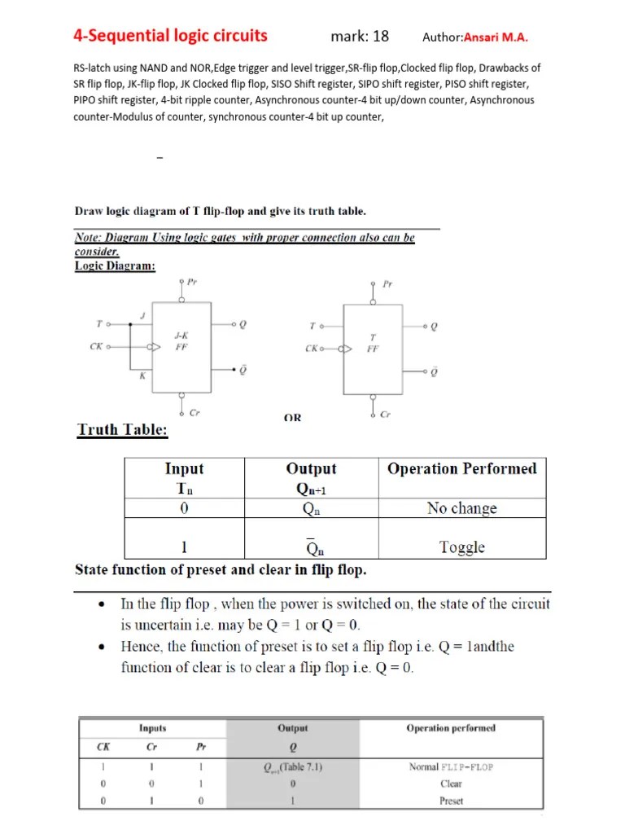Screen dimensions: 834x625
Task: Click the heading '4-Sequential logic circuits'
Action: point(170,35)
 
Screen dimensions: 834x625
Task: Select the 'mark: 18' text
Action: point(360,36)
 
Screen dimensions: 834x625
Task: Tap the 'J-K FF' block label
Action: point(181,340)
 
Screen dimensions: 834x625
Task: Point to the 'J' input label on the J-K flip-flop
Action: point(143,315)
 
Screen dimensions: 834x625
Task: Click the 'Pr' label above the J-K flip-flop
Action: point(192,282)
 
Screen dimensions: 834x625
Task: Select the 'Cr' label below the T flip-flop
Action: point(386,415)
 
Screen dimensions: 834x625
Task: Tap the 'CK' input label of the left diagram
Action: point(96,346)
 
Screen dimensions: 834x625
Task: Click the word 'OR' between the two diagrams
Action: point(292,418)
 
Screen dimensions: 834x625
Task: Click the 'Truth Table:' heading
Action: point(122,430)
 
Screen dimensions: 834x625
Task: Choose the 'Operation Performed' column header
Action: point(461,468)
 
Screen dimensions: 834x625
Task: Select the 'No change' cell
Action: point(461,508)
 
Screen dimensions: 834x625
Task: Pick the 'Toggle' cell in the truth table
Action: point(461,547)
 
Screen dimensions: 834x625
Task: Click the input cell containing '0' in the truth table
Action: point(184,508)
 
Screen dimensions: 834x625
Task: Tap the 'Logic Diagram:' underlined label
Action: point(115,266)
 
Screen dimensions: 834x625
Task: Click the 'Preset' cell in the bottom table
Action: point(451,801)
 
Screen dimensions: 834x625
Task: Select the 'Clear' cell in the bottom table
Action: point(451,784)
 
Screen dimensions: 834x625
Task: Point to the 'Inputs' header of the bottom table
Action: point(152,728)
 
